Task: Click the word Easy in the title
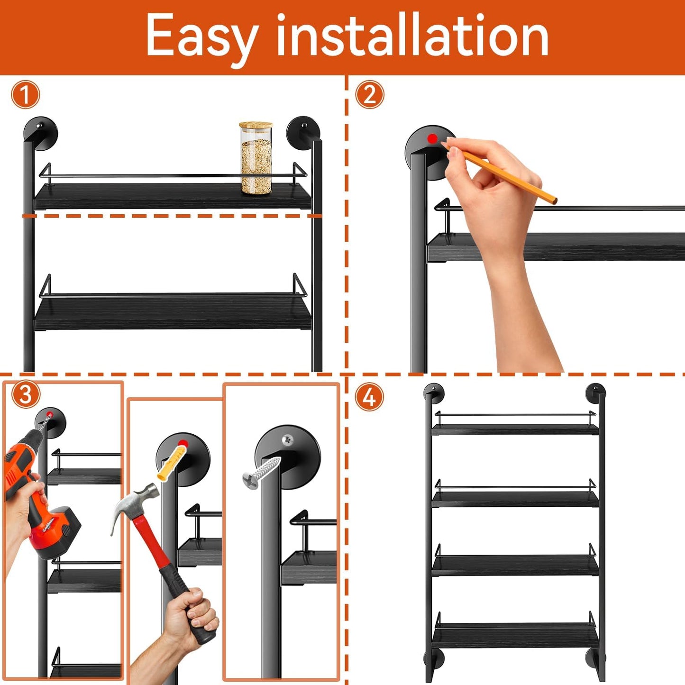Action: point(201,37)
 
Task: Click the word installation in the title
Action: point(412,36)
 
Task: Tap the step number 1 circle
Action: point(26,95)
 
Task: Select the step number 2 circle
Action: point(369,95)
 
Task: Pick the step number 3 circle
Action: point(25,394)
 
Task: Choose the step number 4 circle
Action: point(369,397)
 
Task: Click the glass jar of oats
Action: point(256,164)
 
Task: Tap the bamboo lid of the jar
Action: point(256,126)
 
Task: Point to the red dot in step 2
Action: point(432,139)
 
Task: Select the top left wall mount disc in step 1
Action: point(41,132)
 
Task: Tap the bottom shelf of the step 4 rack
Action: point(515,635)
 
